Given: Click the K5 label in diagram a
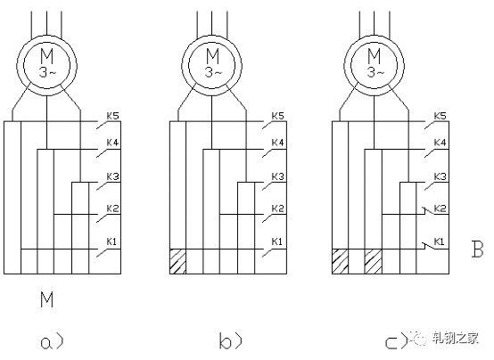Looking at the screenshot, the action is point(112,116).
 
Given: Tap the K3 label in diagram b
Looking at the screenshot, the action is point(278,176).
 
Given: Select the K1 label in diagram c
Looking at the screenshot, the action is point(440,241).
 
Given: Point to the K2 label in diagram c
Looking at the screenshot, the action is point(440,209).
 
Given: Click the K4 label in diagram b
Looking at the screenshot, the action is point(278,143).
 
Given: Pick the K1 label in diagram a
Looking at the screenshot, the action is point(111,241).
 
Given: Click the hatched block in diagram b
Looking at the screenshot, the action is point(178,261).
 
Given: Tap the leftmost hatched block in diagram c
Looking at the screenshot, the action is point(341,261).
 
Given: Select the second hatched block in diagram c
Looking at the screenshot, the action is point(374,261).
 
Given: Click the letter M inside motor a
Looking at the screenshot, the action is point(47,56).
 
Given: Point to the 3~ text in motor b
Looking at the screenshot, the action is point(213,73).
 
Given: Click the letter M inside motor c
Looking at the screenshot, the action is point(375,56).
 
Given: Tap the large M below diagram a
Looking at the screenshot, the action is point(46,299).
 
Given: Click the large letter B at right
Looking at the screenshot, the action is point(477,250).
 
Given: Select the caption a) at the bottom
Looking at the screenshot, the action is point(52,342).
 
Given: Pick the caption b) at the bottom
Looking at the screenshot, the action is point(230,341).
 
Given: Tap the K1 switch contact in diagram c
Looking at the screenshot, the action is point(428,246).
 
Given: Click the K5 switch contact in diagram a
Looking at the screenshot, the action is point(103,125).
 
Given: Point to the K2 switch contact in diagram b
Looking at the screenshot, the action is point(268,218).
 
